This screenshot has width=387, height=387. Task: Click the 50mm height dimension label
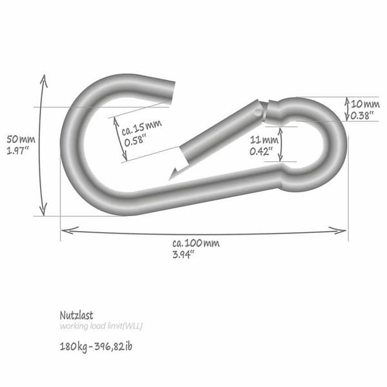click(21, 139)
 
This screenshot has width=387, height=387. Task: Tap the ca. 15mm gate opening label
click(142, 127)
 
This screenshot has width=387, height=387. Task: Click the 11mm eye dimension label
click(264, 140)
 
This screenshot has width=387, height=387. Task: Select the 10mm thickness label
click(365, 104)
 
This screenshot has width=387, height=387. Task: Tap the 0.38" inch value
click(362, 115)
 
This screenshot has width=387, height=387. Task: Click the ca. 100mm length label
click(195, 243)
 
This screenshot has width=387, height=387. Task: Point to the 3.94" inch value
click(184, 255)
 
